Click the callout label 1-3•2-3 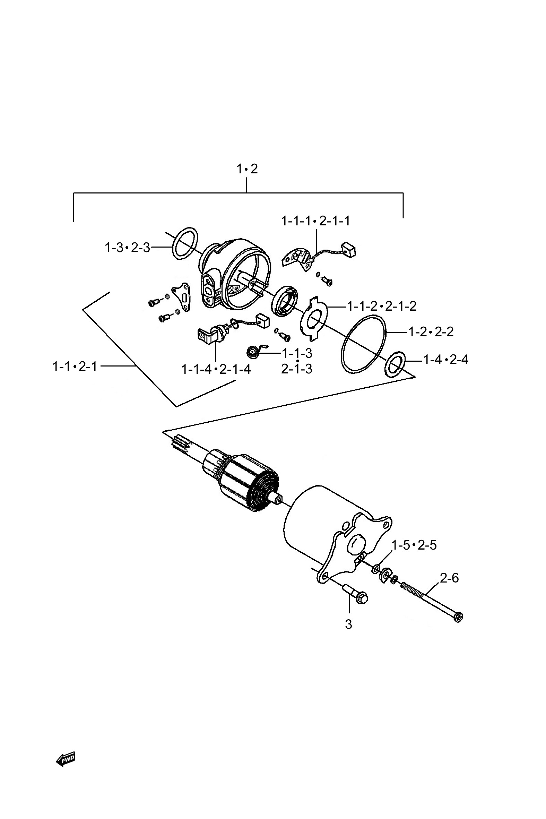tap(128, 248)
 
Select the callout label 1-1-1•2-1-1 tap(315, 221)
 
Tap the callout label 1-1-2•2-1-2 tap(382, 306)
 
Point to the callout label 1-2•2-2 tap(431, 332)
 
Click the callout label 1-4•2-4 tap(446, 359)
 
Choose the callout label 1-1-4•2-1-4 tap(216, 369)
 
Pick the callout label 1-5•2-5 tap(414, 545)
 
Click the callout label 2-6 tap(449, 578)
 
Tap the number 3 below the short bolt tap(348, 624)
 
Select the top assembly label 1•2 tap(247, 169)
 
